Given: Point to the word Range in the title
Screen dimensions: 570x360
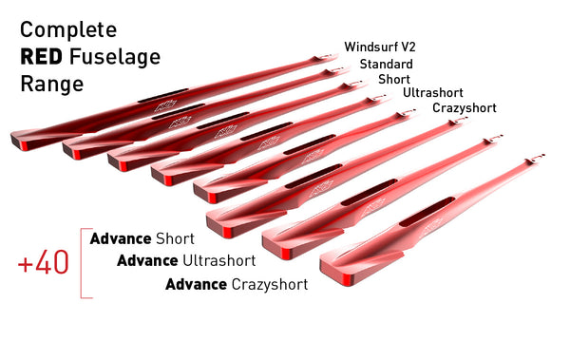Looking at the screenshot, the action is point(51,84).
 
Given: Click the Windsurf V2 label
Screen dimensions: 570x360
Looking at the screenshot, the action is point(380,47).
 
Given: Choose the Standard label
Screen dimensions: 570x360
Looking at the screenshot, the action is point(386,64).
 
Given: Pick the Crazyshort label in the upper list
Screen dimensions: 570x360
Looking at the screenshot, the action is point(464,108).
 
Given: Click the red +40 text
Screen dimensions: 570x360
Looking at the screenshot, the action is point(44,263).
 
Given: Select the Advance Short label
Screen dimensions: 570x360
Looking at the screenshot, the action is point(142,238).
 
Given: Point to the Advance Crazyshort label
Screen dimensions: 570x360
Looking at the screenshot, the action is point(237,284).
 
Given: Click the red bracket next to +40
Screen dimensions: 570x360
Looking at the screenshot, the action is point(86,263).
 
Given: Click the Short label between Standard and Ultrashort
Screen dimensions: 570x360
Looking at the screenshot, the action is point(394,79).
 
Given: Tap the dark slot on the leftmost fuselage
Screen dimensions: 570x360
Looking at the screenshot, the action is point(155,99).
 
